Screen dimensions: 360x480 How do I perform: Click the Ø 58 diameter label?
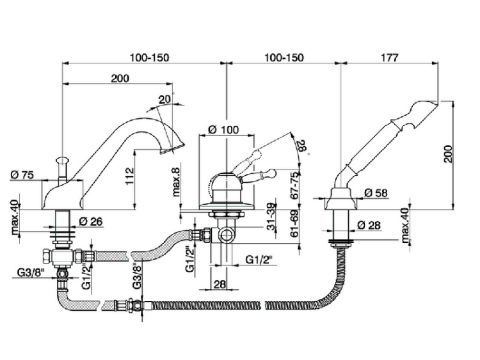[x=376, y=192]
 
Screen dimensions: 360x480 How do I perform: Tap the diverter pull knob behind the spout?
[x=63, y=160]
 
